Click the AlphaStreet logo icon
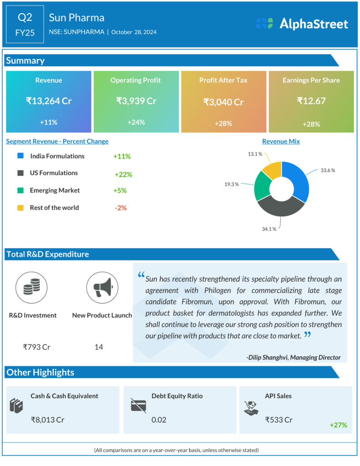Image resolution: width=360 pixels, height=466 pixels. pyautogui.click(x=264, y=24)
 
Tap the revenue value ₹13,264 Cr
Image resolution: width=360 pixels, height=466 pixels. pyautogui.click(x=49, y=101)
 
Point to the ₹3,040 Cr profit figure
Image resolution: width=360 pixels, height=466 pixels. pyautogui.click(x=223, y=102)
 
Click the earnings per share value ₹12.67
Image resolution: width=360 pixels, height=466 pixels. pyautogui.click(x=311, y=101)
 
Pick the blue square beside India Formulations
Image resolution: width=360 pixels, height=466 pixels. pyautogui.click(x=20, y=156)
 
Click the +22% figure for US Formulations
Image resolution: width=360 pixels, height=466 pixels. pyautogui.click(x=123, y=174)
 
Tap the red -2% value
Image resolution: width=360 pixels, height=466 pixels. pyautogui.click(x=121, y=208)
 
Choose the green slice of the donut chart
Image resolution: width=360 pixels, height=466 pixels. pyautogui.click(x=262, y=186)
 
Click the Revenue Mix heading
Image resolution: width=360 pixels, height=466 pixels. pyautogui.click(x=281, y=142)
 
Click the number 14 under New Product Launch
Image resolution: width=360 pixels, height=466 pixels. pyautogui.click(x=99, y=347)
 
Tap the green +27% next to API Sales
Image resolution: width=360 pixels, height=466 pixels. pyautogui.click(x=338, y=425)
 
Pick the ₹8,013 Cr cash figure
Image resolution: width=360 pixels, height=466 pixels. pyautogui.click(x=47, y=419)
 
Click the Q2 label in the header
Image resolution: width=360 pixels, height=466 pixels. pyautogui.click(x=25, y=17)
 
